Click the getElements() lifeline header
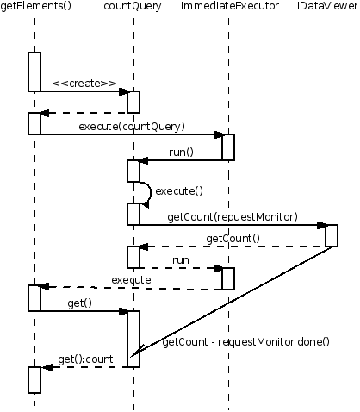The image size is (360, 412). coord(36,6)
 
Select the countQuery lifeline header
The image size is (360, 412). coord(133,6)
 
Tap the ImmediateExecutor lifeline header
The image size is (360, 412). coord(230,6)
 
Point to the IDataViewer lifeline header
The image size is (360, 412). coord(327,6)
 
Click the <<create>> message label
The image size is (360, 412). coord(84,84)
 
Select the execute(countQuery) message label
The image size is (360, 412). coord(132,127)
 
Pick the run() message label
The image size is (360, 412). coord(182,152)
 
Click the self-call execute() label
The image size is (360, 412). coord(179,191)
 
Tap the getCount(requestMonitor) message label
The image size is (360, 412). coord(233,217)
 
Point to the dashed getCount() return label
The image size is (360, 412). coord(233,239)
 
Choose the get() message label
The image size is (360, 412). coord(80,303)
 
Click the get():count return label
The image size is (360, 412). coord(85,359)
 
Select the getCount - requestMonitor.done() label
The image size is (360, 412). coord(246,342)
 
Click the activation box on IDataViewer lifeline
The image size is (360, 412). coord(332,235)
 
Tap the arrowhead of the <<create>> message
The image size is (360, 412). coord(124,91)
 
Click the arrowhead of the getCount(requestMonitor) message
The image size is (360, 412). coord(321,225)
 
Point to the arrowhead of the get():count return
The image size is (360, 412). coord(47,367)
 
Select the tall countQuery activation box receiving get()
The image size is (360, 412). coord(133,339)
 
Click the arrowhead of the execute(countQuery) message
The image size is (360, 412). coord(219,134)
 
